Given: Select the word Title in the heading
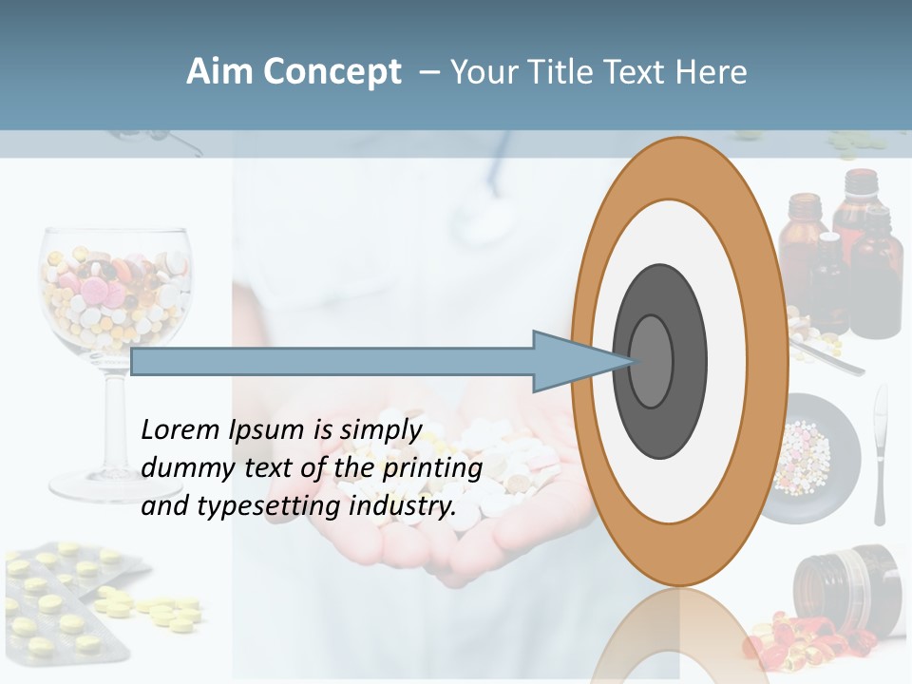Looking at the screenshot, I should [x=570, y=72].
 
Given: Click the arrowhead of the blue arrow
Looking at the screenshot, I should [x=570, y=362].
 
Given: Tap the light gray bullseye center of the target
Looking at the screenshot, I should [x=652, y=361].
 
